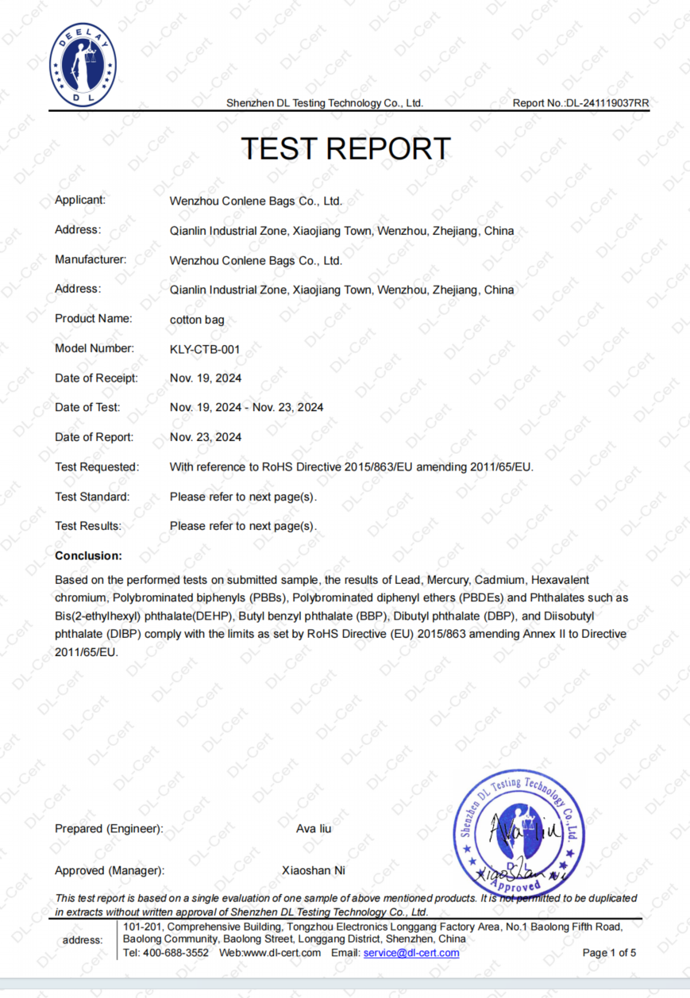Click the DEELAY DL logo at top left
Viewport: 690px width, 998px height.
pyautogui.click(x=83, y=65)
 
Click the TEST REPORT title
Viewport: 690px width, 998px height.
pyautogui.click(x=345, y=149)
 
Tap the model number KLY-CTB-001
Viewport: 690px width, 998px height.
pyautogui.click(x=205, y=348)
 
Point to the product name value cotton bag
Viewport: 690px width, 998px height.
pyautogui.click(x=197, y=319)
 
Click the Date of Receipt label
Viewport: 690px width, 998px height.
pyautogui.click(x=96, y=378)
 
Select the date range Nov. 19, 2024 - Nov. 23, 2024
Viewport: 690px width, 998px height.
pyautogui.click(x=246, y=408)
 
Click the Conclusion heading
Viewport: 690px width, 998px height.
pyautogui.click(x=88, y=556)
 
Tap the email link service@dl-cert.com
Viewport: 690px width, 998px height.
pyautogui.click(x=411, y=953)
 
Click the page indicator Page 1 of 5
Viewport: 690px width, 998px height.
pyautogui.click(x=609, y=953)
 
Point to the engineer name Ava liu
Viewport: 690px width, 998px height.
pyautogui.click(x=314, y=829)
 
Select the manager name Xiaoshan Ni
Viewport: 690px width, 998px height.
pyautogui.click(x=314, y=870)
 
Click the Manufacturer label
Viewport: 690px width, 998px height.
pyautogui.click(x=91, y=259)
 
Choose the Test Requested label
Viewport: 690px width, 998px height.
pyautogui.click(x=97, y=467)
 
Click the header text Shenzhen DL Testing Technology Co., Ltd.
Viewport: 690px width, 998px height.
pyautogui.click(x=325, y=103)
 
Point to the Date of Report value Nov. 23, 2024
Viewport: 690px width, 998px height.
pyautogui.click(x=206, y=437)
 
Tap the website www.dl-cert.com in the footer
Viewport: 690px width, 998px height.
pyautogui.click(x=281, y=953)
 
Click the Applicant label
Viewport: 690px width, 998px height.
pyautogui.click(x=80, y=200)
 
